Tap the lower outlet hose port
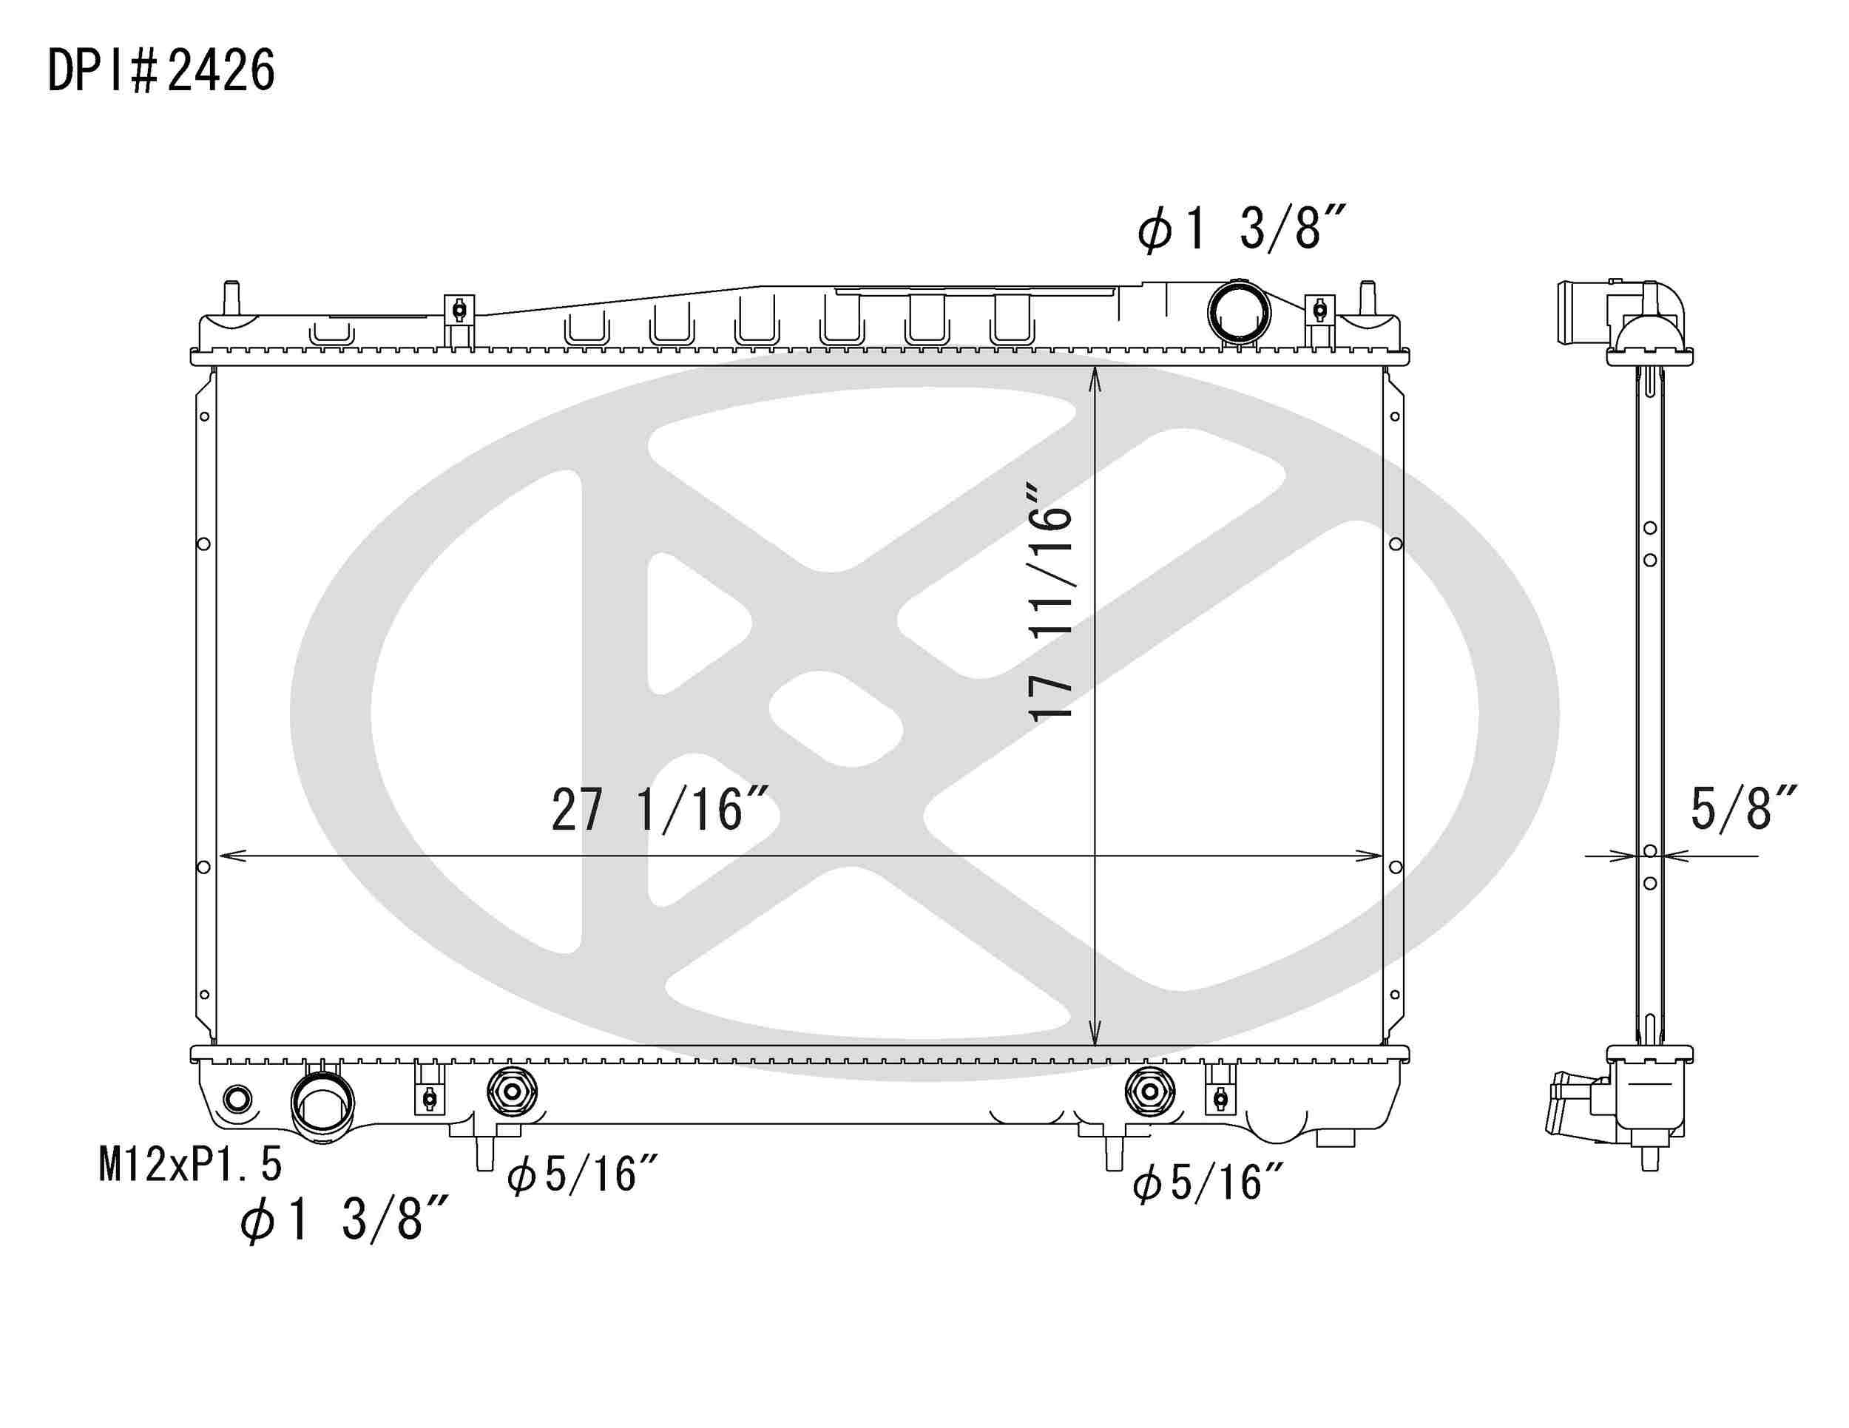(x=322, y=1103)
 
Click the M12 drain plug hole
(x=237, y=1100)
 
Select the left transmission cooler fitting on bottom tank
(x=511, y=1093)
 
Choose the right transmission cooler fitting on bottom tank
(x=1149, y=1093)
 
